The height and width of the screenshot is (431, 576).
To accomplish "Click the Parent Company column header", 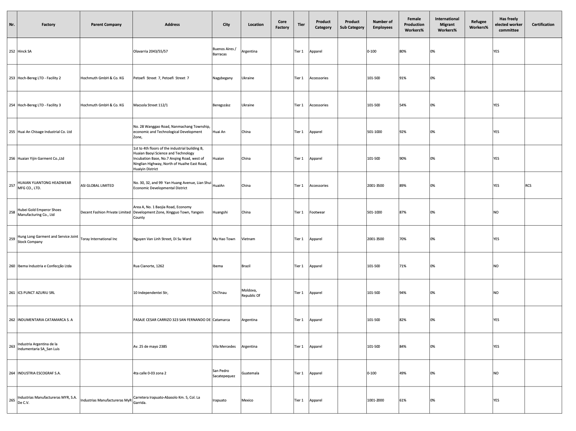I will tap(106, 25).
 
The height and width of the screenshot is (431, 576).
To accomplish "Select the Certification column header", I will tap(543, 25).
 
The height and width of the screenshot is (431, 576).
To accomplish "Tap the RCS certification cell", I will tap(528, 186).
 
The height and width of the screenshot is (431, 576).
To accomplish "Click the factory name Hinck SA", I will tap(25, 51).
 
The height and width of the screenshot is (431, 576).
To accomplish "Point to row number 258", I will tap(12, 212).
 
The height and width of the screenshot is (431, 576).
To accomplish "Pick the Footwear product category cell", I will tap(317, 212).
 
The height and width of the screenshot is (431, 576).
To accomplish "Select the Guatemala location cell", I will tap(250, 373).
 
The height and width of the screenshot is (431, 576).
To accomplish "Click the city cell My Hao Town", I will tap(224, 239).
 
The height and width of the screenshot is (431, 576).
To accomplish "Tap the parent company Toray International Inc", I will tap(99, 239).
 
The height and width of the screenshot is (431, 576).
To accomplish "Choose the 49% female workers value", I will tap(403, 373).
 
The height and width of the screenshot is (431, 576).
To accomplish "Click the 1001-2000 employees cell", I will tap(376, 400).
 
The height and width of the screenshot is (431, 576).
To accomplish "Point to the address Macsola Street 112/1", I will tap(151, 105).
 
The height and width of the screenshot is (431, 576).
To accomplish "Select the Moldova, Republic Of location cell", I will tap(251, 293).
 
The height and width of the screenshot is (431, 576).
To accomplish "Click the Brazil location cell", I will tap(246, 266).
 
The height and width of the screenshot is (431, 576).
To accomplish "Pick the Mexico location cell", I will tap(247, 400).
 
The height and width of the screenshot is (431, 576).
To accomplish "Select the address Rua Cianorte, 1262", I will tap(149, 266).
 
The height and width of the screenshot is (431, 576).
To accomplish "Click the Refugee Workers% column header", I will tap(478, 25).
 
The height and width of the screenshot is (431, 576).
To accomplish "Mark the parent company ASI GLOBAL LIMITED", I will tap(97, 186).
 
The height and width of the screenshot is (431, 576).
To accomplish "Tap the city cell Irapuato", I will tap(219, 400).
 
